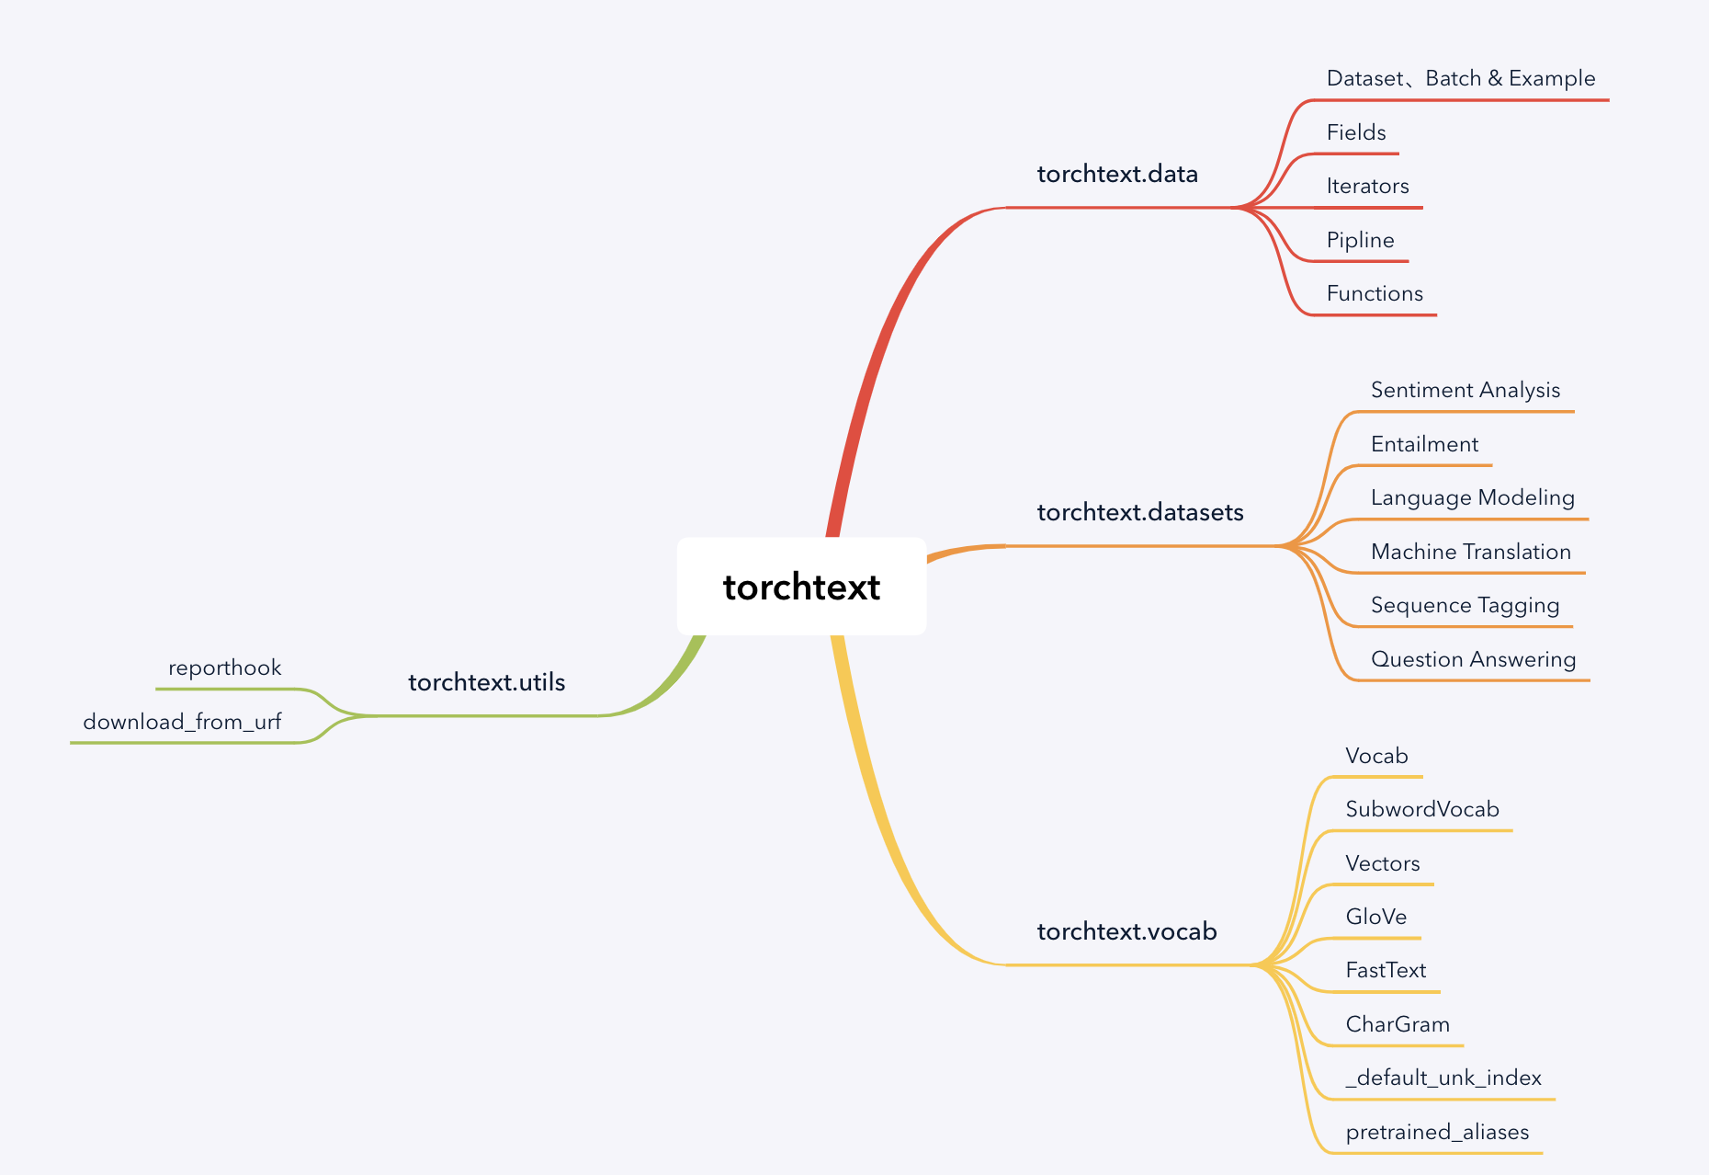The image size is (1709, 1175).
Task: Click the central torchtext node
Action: click(x=801, y=587)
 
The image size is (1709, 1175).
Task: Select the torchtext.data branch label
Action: click(x=1117, y=174)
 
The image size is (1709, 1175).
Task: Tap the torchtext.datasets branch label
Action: click(x=1140, y=512)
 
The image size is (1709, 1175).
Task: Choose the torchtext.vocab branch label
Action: click(x=1126, y=931)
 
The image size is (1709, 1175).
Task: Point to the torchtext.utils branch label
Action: click(x=486, y=682)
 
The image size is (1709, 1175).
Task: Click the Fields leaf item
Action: click(x=1356, y=132)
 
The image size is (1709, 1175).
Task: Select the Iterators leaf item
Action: click(x=1367, y=186)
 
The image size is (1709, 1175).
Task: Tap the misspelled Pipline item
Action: click(x=1360, y=240)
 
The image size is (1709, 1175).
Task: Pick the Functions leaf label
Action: click(x=1375, y=293)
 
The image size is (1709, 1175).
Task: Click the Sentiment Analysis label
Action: click(x=1466, y=390)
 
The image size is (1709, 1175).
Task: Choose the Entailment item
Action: click(x=1424, y=444)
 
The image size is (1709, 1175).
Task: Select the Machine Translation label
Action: click(x=1471, y=552)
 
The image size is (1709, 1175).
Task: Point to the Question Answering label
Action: click(x=1473, y=659)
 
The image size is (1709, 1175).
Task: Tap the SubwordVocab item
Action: click(x=1422, y=809)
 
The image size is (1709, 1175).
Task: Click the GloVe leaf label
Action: click(x=1375, y=917)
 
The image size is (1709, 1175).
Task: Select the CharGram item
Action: click(x=1398, y=1024)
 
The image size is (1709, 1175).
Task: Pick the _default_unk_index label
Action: click(x=1443, y=1078)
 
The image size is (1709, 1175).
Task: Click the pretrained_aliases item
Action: click(x=1437, y=1132)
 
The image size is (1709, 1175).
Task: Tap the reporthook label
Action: click(x=224, y=667)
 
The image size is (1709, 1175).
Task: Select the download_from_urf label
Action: click(x=182, y=722)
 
